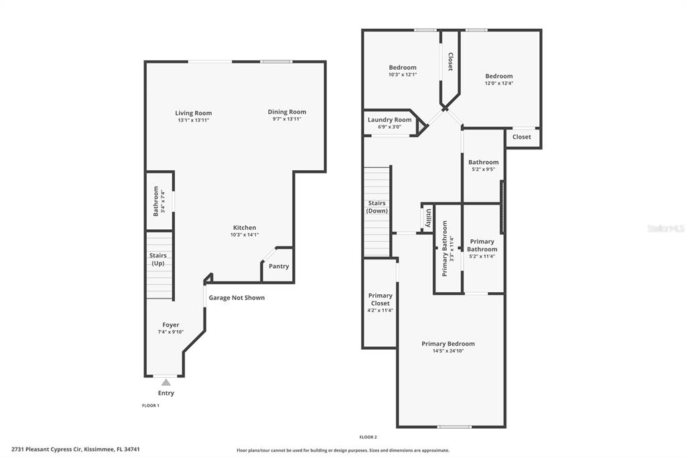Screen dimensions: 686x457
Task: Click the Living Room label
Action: (194, 113)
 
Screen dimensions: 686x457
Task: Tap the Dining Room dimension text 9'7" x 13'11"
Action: (287, 119)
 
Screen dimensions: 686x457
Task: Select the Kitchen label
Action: (245, 228)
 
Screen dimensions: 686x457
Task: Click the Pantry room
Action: (278, 266)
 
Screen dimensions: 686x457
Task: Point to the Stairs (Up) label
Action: (158, 259)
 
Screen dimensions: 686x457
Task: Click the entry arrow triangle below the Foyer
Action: (166, 382)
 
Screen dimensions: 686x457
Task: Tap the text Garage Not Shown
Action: (236, 298)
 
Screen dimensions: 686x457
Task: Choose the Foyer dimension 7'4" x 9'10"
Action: (171, 332)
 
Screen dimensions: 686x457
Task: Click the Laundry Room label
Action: (389, 119)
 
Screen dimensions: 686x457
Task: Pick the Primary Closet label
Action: (381, 300)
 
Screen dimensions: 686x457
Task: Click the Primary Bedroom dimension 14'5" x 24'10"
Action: (448, 350)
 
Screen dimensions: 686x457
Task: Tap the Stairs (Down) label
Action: (376, 206)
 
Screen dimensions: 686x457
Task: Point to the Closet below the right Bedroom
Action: (522, 137)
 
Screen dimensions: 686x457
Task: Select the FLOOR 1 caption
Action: (151, 405)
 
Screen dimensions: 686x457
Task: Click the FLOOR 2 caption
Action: (368, 437)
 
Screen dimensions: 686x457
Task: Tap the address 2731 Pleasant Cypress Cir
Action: (47, 449)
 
